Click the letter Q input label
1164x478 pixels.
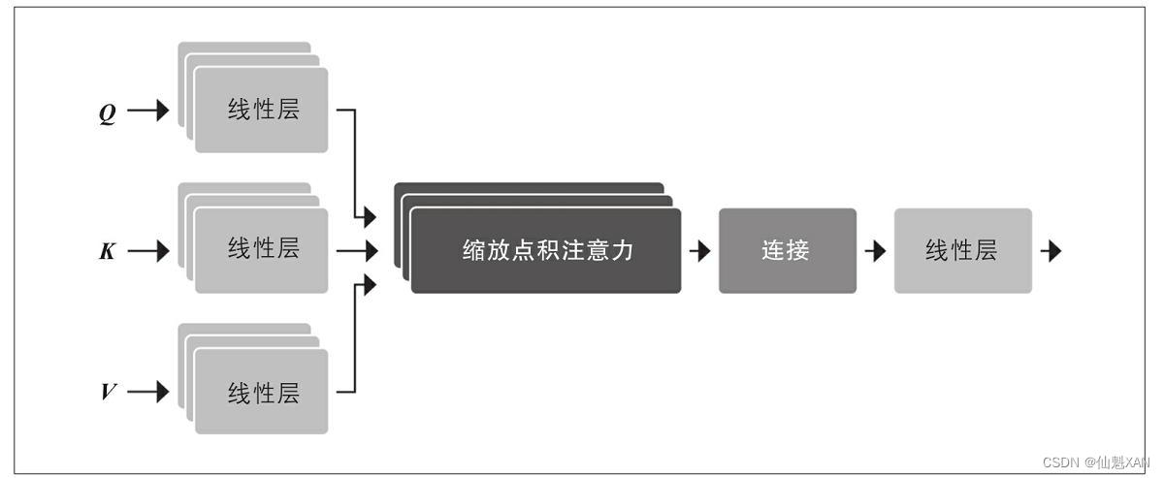click(108, 112)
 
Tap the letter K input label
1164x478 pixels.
click(108, 252)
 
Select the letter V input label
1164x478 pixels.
click(109, 393)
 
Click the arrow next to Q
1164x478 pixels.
click(148, 112)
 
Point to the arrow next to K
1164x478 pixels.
click(148, 252)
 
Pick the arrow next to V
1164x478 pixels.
click(148, 393)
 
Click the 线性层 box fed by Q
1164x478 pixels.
click(261, 110)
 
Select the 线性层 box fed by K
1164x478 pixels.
click(261, 250)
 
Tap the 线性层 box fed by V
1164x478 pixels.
click(261, 391)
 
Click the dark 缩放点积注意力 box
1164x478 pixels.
click(545, 250)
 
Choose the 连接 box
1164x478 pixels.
click(787, 250)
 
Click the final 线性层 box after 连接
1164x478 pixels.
click(962, 250)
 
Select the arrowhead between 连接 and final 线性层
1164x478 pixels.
click(876, 251)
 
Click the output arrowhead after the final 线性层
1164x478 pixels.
click(1051, 251)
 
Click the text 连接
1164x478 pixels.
click(787, 250)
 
